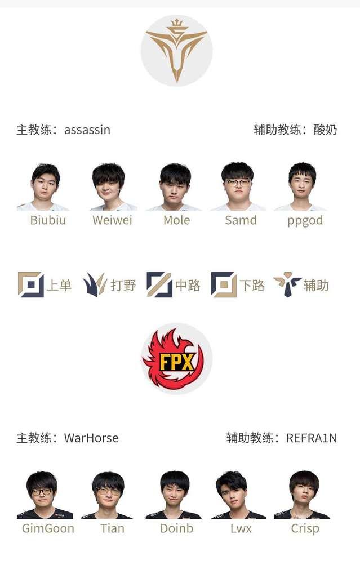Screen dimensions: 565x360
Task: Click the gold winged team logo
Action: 176,51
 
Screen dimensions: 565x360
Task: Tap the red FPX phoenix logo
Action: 176,359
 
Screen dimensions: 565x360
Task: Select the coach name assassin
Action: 87,130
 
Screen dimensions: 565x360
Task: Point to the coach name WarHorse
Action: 91,438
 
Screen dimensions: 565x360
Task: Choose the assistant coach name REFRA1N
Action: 312,438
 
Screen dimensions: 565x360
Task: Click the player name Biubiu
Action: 48,220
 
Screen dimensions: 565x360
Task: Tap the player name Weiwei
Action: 112,220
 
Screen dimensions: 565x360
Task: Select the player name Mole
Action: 176,220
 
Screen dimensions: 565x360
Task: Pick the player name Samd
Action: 241,220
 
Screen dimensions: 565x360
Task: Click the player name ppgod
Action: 305,220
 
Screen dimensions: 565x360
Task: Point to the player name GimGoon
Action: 48,528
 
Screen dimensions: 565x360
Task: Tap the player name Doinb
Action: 176,528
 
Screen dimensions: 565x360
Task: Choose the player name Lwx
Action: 241,528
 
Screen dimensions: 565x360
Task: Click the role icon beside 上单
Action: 30,284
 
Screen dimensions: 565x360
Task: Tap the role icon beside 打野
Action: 95,284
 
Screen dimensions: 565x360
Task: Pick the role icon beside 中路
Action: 159,284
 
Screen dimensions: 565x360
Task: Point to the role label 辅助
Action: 316,286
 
